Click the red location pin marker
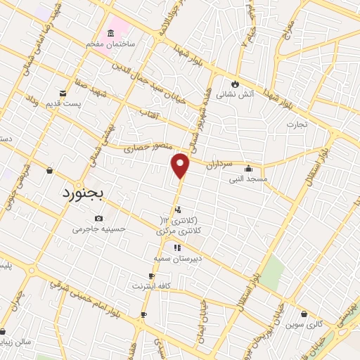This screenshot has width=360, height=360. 181,166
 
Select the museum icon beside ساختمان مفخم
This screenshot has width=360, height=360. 111,33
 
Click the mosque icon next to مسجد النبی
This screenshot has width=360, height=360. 248,169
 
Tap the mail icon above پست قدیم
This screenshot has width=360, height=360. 63,93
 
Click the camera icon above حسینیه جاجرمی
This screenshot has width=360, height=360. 97,218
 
